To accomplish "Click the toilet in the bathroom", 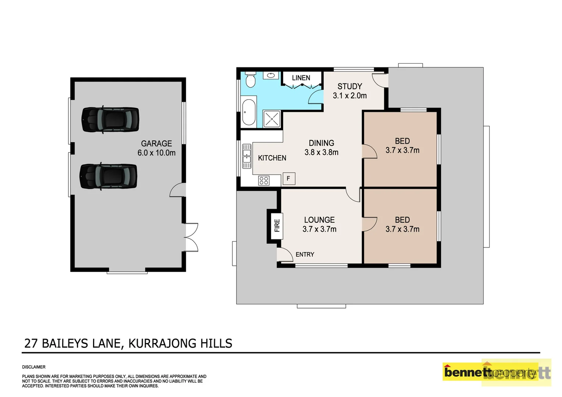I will (x=250, y=80).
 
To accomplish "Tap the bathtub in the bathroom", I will (x=249, y=112).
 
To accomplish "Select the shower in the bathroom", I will (x=272, y=119).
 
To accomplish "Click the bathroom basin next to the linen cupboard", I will (x=271, y=75).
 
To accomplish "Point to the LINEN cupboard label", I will (x=301, y=78).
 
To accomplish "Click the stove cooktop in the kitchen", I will (x=264, y=180).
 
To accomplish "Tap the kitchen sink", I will (x=246, y=156).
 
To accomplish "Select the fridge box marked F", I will (x=288, y=179).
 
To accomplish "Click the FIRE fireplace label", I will (x=277, y=225).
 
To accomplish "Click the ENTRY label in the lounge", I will (x=305, y=254).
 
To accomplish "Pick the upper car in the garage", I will (x=110, y=119).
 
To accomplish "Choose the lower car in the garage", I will (x=109, y=176).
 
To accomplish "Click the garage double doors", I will (x=191, y=237).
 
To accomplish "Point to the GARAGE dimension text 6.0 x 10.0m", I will (x=156, y=153).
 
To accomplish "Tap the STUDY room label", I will (x=349, y=86).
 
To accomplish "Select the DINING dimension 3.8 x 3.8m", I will (x=321, y=152).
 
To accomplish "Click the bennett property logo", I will (x=497, y=373).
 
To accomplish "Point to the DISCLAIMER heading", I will (x=34, y=367).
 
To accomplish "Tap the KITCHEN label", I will (x=272, y=158).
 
